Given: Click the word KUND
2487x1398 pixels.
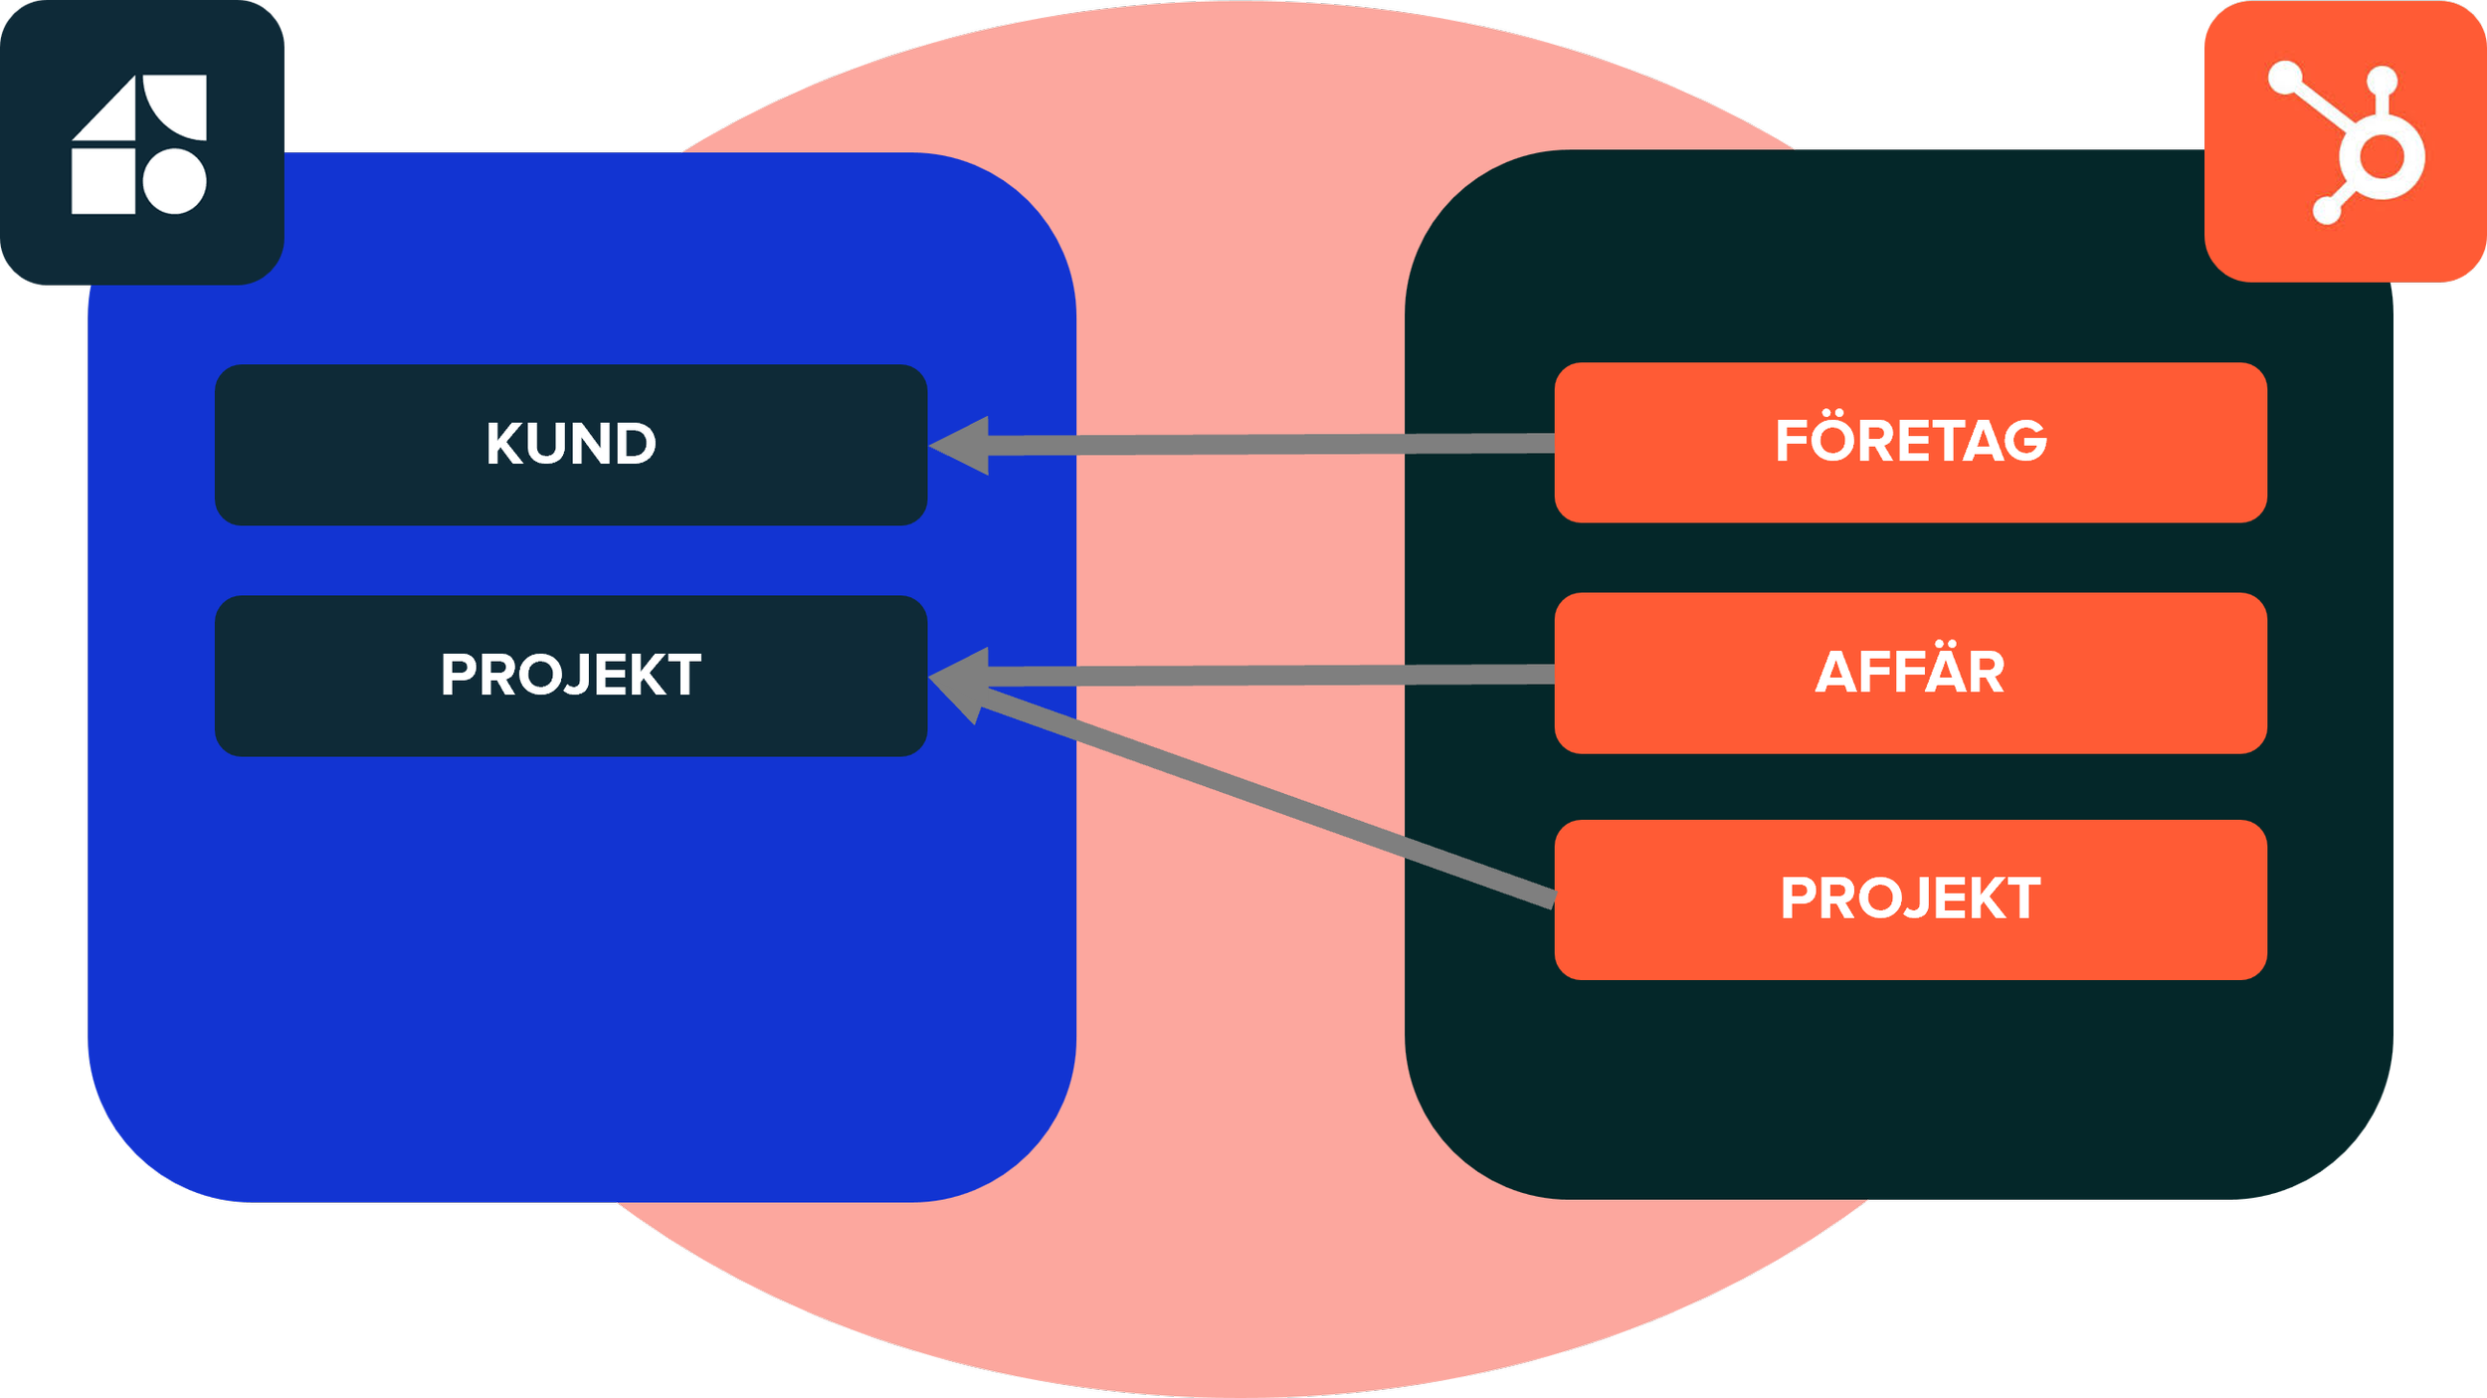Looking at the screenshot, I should tap(571, 444).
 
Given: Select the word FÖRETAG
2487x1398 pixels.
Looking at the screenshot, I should tap(1911, 441).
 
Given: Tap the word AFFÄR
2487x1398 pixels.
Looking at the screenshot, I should tap(1910, 673).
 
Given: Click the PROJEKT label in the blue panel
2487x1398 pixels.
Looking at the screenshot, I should tap(571, 676).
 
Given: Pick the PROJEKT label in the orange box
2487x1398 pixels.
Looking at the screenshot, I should tap(1911, 899).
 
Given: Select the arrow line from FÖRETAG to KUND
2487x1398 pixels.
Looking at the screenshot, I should tap(1273, 444).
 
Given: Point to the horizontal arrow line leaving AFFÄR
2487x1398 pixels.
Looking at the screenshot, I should tap(1273, 676).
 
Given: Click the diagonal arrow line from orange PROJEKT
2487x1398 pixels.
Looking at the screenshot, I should tap(1273, 796).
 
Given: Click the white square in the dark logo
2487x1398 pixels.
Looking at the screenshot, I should tap(103, 181).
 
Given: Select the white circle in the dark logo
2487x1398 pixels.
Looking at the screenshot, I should tap(175, 181).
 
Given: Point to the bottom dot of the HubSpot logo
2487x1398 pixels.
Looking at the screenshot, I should tap(2327, 210).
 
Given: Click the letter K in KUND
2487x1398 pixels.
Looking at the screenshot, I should tap(504, 444).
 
